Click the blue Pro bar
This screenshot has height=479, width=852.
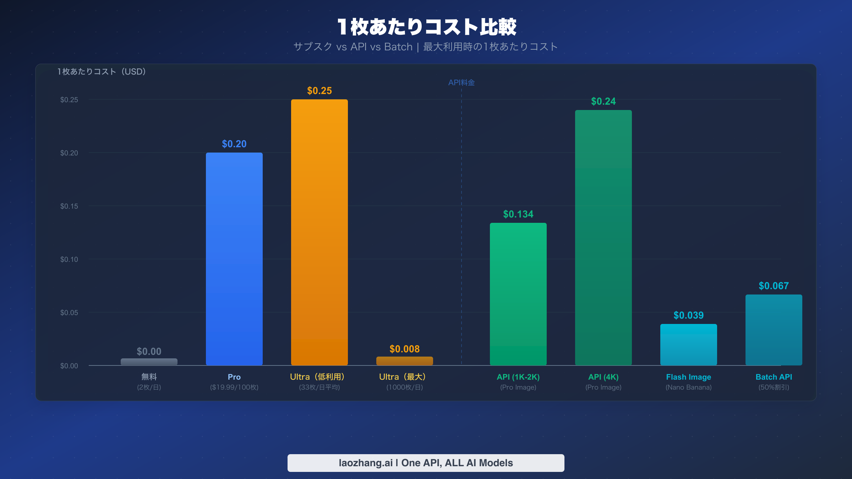234,259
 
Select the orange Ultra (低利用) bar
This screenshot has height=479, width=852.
319,232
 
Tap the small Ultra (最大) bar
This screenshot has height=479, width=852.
405,361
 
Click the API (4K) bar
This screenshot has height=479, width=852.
603,238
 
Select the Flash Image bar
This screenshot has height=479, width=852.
689,345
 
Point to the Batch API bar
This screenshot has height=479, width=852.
774,330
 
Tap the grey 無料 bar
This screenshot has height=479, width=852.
149,362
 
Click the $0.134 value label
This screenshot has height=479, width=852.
518,214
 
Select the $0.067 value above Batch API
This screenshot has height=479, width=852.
774,286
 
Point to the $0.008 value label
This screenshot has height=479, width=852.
405,349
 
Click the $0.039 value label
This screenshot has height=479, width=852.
689,315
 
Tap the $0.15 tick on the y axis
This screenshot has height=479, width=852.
69,206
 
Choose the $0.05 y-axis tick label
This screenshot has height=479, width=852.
69,313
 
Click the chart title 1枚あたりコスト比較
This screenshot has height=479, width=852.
426,27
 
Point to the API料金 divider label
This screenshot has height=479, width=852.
461,83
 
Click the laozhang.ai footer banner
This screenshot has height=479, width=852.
426,463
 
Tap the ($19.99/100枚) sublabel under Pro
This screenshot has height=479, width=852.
234,387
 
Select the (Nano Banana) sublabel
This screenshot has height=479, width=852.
689,387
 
